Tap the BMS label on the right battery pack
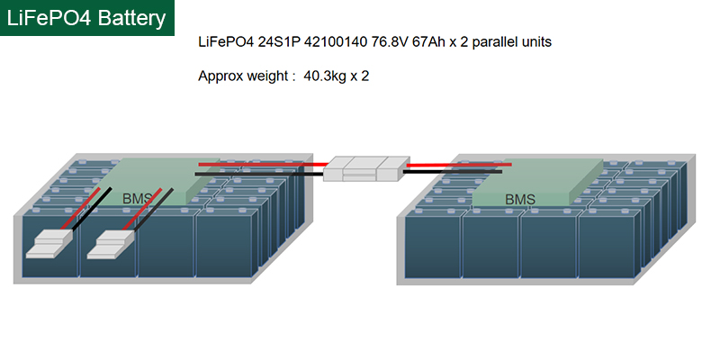coord(520,199)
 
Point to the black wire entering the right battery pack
coord(459,171)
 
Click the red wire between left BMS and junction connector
coord(261,164)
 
